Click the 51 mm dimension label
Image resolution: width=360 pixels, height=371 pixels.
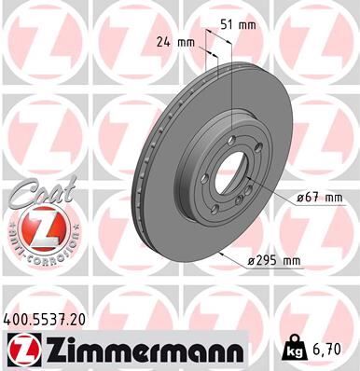(x=244, y=26)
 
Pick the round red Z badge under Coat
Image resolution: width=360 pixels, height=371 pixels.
(x=35, y=228)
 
